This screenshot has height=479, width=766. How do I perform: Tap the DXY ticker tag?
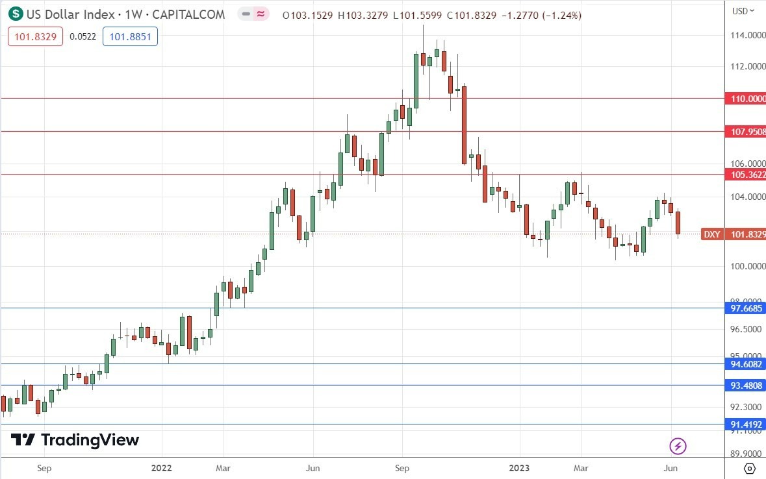click(x=711, y=234)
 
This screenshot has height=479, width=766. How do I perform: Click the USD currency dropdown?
click(x=743, y=10)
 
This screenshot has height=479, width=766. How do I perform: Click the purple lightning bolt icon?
click(x=678, y=446)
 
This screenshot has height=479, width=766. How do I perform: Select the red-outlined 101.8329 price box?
click(x=35, y=37)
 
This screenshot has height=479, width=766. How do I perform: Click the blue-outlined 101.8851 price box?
click(x=130, y=37)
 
